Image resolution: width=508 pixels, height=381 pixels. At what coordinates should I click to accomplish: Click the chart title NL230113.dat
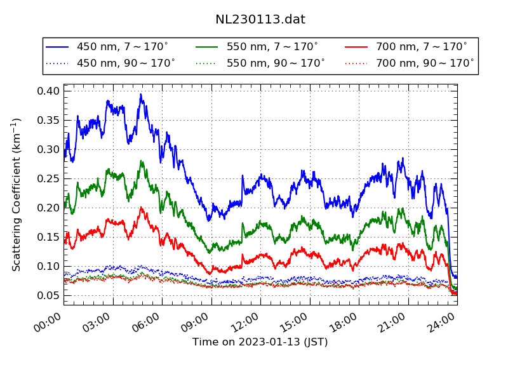click(260, 20)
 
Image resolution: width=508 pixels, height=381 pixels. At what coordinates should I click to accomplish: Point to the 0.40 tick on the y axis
click(49, 91)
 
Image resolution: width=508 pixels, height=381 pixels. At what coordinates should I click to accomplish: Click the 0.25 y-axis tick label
click(49, 179)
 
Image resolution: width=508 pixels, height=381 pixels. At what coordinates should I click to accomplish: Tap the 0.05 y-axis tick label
click(49, 296)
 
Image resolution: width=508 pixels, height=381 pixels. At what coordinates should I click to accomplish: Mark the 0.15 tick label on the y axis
click(49, 237)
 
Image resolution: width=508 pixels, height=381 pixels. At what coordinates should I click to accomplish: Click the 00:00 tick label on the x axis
click(48, 321)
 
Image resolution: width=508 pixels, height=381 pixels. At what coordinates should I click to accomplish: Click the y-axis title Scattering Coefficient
click(17, 194)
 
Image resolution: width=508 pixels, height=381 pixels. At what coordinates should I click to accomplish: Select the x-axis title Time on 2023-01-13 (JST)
click(260, 342)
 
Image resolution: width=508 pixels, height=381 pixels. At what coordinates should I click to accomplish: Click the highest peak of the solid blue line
click(141, 94)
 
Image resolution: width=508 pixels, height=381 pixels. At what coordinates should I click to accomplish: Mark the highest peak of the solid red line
click(141, 207)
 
